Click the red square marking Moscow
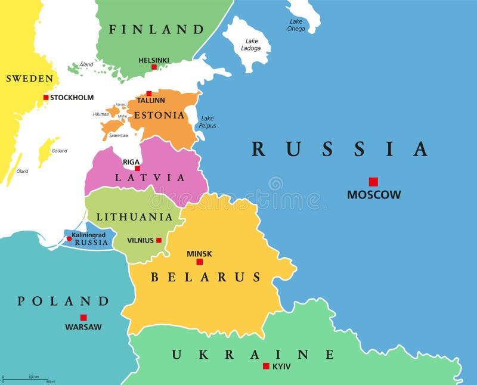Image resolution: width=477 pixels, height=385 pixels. (x=373, y=182)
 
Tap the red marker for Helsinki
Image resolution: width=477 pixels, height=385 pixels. (x=154, y=67)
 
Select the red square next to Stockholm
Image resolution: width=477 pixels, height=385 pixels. (x=46, y=97)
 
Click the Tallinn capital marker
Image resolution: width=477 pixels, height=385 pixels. (x=149, y=93)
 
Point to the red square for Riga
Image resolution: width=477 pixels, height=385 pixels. (x=138, y=168)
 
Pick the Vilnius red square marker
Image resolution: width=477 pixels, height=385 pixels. (x=159, y=240)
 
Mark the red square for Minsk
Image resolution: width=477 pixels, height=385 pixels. (x=200, y=262)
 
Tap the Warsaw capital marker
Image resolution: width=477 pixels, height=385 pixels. (x=83, y=318)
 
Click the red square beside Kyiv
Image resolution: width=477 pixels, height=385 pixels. (x=266, y=366)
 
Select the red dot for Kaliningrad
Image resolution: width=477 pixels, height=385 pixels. (x=69, y=238)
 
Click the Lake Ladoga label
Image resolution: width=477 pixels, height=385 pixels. (x=251, y=45)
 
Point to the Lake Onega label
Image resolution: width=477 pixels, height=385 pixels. (x=296, y=25)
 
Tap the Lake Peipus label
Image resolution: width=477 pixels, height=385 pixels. (x=208, y=122)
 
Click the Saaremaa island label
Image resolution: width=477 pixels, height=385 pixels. (x=118, y=135)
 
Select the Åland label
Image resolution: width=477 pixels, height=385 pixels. (x=86, y=64)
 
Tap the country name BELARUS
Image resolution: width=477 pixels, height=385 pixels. (x=206, y=277)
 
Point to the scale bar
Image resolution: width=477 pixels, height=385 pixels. (x=29, y=379)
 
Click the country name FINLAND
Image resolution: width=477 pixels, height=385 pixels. (x=157, y=29)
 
